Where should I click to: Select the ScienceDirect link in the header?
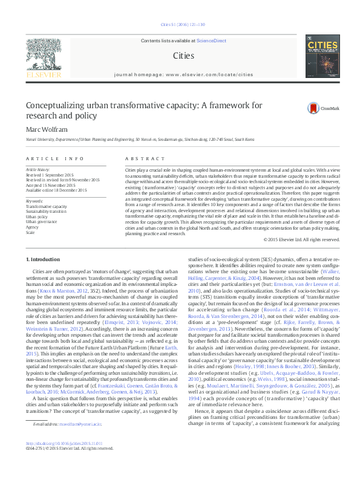tap(211, 41)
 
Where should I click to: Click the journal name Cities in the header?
tap(183, 56)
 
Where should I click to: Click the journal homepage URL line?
tap(183, 75)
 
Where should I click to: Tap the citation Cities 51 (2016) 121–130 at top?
tap(183, 25)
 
